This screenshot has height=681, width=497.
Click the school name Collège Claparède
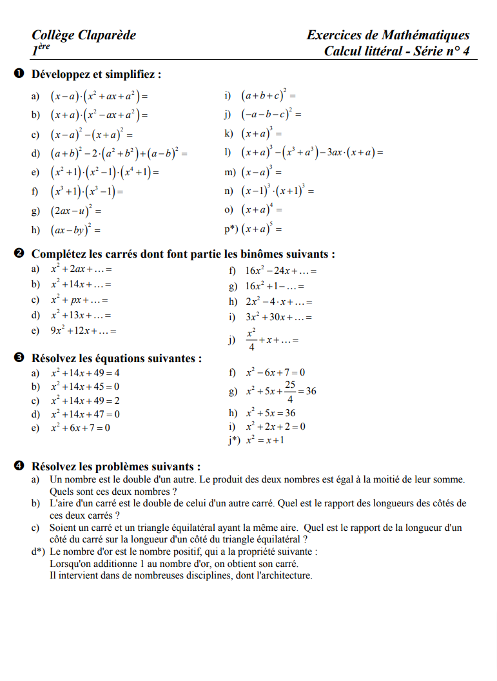[84, 35]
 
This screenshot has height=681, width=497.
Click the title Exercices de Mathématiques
[388, 35]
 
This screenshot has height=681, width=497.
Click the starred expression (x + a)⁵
[262, 229]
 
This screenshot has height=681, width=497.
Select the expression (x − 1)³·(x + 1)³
[277, 191]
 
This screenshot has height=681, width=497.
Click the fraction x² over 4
[251, 340]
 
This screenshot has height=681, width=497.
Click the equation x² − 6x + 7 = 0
[276, 372]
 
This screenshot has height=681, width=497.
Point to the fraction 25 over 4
[290, 390]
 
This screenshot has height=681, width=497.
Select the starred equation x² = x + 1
[265, 440]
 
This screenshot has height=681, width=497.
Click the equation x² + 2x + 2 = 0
[276, 427]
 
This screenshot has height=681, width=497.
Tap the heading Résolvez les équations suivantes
[117, 358]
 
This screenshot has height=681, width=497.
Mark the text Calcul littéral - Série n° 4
[396, 51]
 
